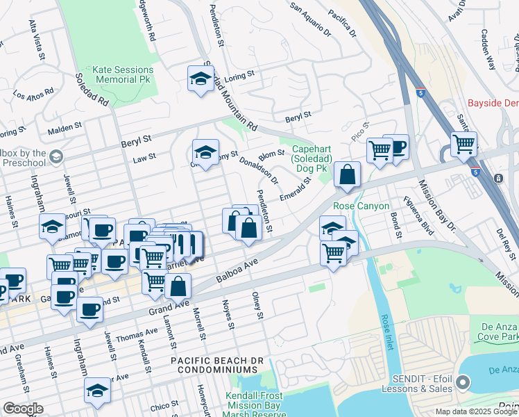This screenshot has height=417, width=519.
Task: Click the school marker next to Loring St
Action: pos(201,79)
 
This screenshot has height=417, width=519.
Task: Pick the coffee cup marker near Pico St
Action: pos(395,147)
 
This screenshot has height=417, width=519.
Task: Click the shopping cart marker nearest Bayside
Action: pos(463,144)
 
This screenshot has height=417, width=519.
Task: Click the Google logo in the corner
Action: pos(23,409)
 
